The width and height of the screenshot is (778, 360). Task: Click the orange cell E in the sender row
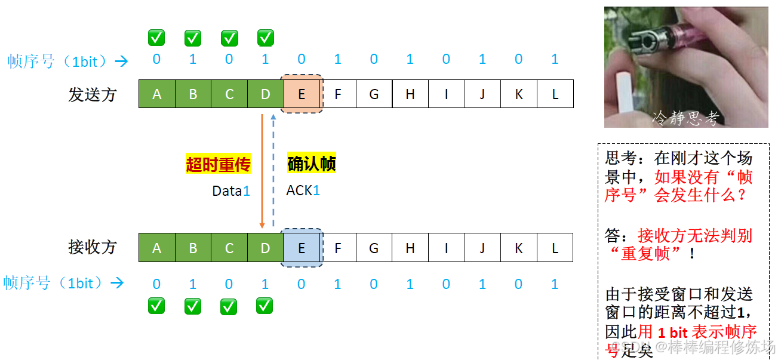pyautogui.click(x=302, y=94)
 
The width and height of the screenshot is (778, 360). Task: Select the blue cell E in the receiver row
pyautogui.click(x=302, y=248)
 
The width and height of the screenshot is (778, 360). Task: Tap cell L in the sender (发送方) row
pyautogui.click(x=555, y=94)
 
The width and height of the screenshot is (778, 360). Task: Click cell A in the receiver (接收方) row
pyautogui.click(x=156, y=248)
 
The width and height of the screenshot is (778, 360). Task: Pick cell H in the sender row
pyautogui.click(x=410, y=94)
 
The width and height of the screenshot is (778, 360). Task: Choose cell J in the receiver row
pyautogui.click(x=482, y=248)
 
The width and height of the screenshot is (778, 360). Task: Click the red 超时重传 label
pyautogui.click(x=218, y=164)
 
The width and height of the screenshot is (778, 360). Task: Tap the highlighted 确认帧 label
pyautogui.click(x=312, y=164)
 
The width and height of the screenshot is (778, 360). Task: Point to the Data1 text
pyautogui.click(x=231, y=191)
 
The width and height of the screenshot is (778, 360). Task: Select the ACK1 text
pyautogui.click(x=303, y=190)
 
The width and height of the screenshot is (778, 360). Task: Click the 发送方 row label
pyautogui.click(x=92, y=94)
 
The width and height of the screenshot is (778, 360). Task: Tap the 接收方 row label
pyautogui.click(x=92, y=247)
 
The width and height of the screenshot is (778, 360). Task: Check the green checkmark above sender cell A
pyautogui.click(x=156, y=38)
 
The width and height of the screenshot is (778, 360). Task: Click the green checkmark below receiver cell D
pyautogui.click(x=265, y=307)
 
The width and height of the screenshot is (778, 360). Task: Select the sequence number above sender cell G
pyautogui.click(x=374, y=59)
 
